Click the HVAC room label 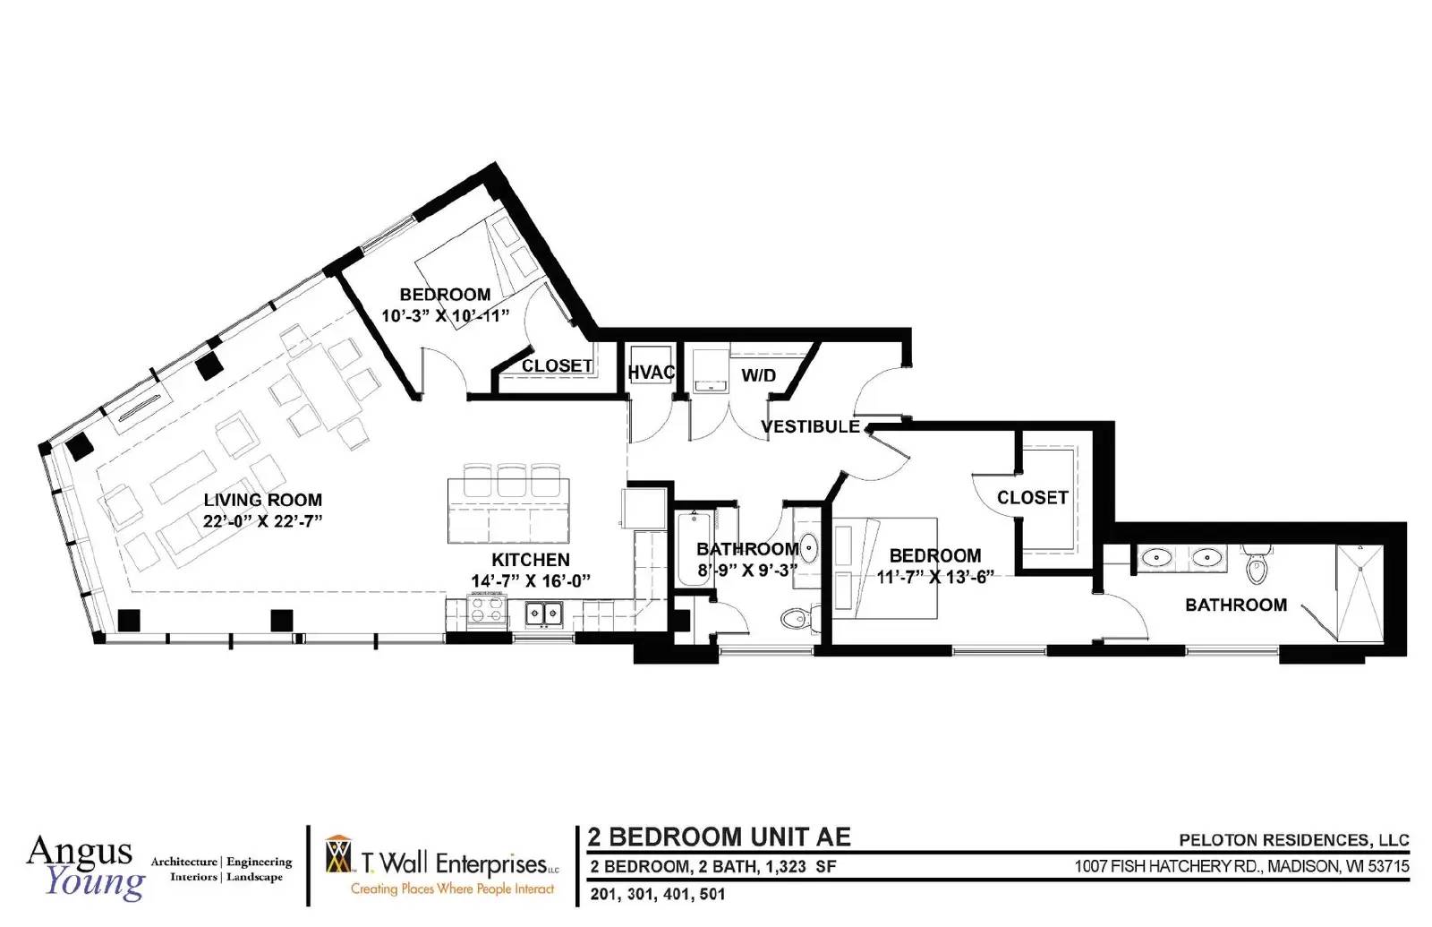(651, 373)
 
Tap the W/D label (758, 375)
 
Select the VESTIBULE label (811, 426)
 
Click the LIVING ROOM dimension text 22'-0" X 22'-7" (263, 520)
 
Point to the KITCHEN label (531, 560)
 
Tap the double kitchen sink (544, 614)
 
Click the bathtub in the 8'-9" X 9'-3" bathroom (694, 549)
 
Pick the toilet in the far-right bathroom (1257, 564)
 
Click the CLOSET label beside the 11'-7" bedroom (1033, 497)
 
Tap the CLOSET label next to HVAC (557, 366)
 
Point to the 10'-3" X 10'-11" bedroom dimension (446, 316)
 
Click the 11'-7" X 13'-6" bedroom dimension (935, 577)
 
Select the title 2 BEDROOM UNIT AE (720, 837)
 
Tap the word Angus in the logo (80, 852)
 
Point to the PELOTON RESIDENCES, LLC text (1294, 840)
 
